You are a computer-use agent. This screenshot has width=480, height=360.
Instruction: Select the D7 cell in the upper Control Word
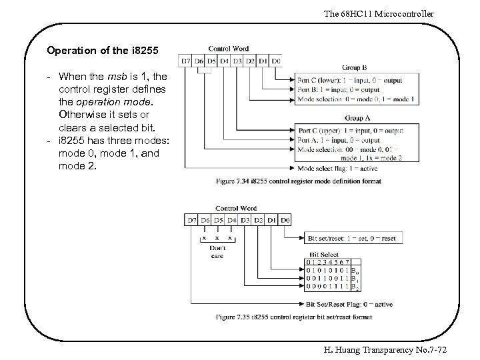[x=186, y=61]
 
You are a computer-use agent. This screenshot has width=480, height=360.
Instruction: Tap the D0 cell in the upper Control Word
[x=276, y=61]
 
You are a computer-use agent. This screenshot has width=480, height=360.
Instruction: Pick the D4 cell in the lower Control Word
[x=232, y=220]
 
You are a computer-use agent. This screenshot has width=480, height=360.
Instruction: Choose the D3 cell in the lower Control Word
[x=245, y=220]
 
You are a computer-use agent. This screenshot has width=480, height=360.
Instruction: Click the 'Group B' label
[x=355, y=68]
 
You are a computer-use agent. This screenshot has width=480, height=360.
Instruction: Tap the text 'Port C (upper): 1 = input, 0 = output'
[x=351, y=131]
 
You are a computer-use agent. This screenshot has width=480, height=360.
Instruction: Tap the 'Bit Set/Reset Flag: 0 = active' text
[x=349, y=305]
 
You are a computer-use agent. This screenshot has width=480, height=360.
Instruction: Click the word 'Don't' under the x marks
[x=217, y=247]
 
